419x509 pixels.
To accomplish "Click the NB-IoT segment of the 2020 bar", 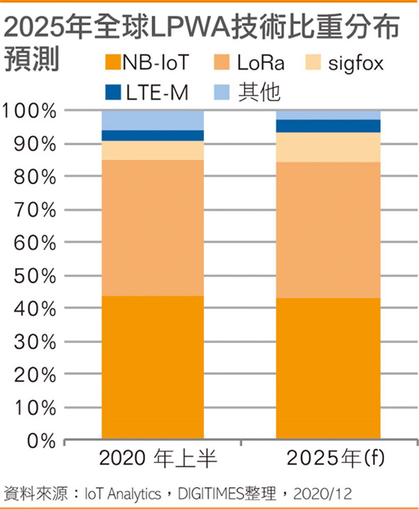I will (153, 367).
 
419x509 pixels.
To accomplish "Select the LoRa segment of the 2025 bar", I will (328, 230).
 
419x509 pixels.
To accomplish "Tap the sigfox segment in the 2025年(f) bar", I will (328, 147).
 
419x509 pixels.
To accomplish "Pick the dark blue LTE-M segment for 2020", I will (153, 136).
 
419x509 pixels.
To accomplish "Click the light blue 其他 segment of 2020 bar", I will (153, 120).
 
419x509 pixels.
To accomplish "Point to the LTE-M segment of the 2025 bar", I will (328, 126).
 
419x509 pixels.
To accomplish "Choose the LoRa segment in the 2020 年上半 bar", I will (153, 228).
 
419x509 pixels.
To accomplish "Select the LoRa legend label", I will (261, 64).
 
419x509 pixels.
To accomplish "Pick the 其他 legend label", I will (259, 93).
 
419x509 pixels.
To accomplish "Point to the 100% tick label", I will (29, 111).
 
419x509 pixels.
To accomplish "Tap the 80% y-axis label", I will (35, 177).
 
